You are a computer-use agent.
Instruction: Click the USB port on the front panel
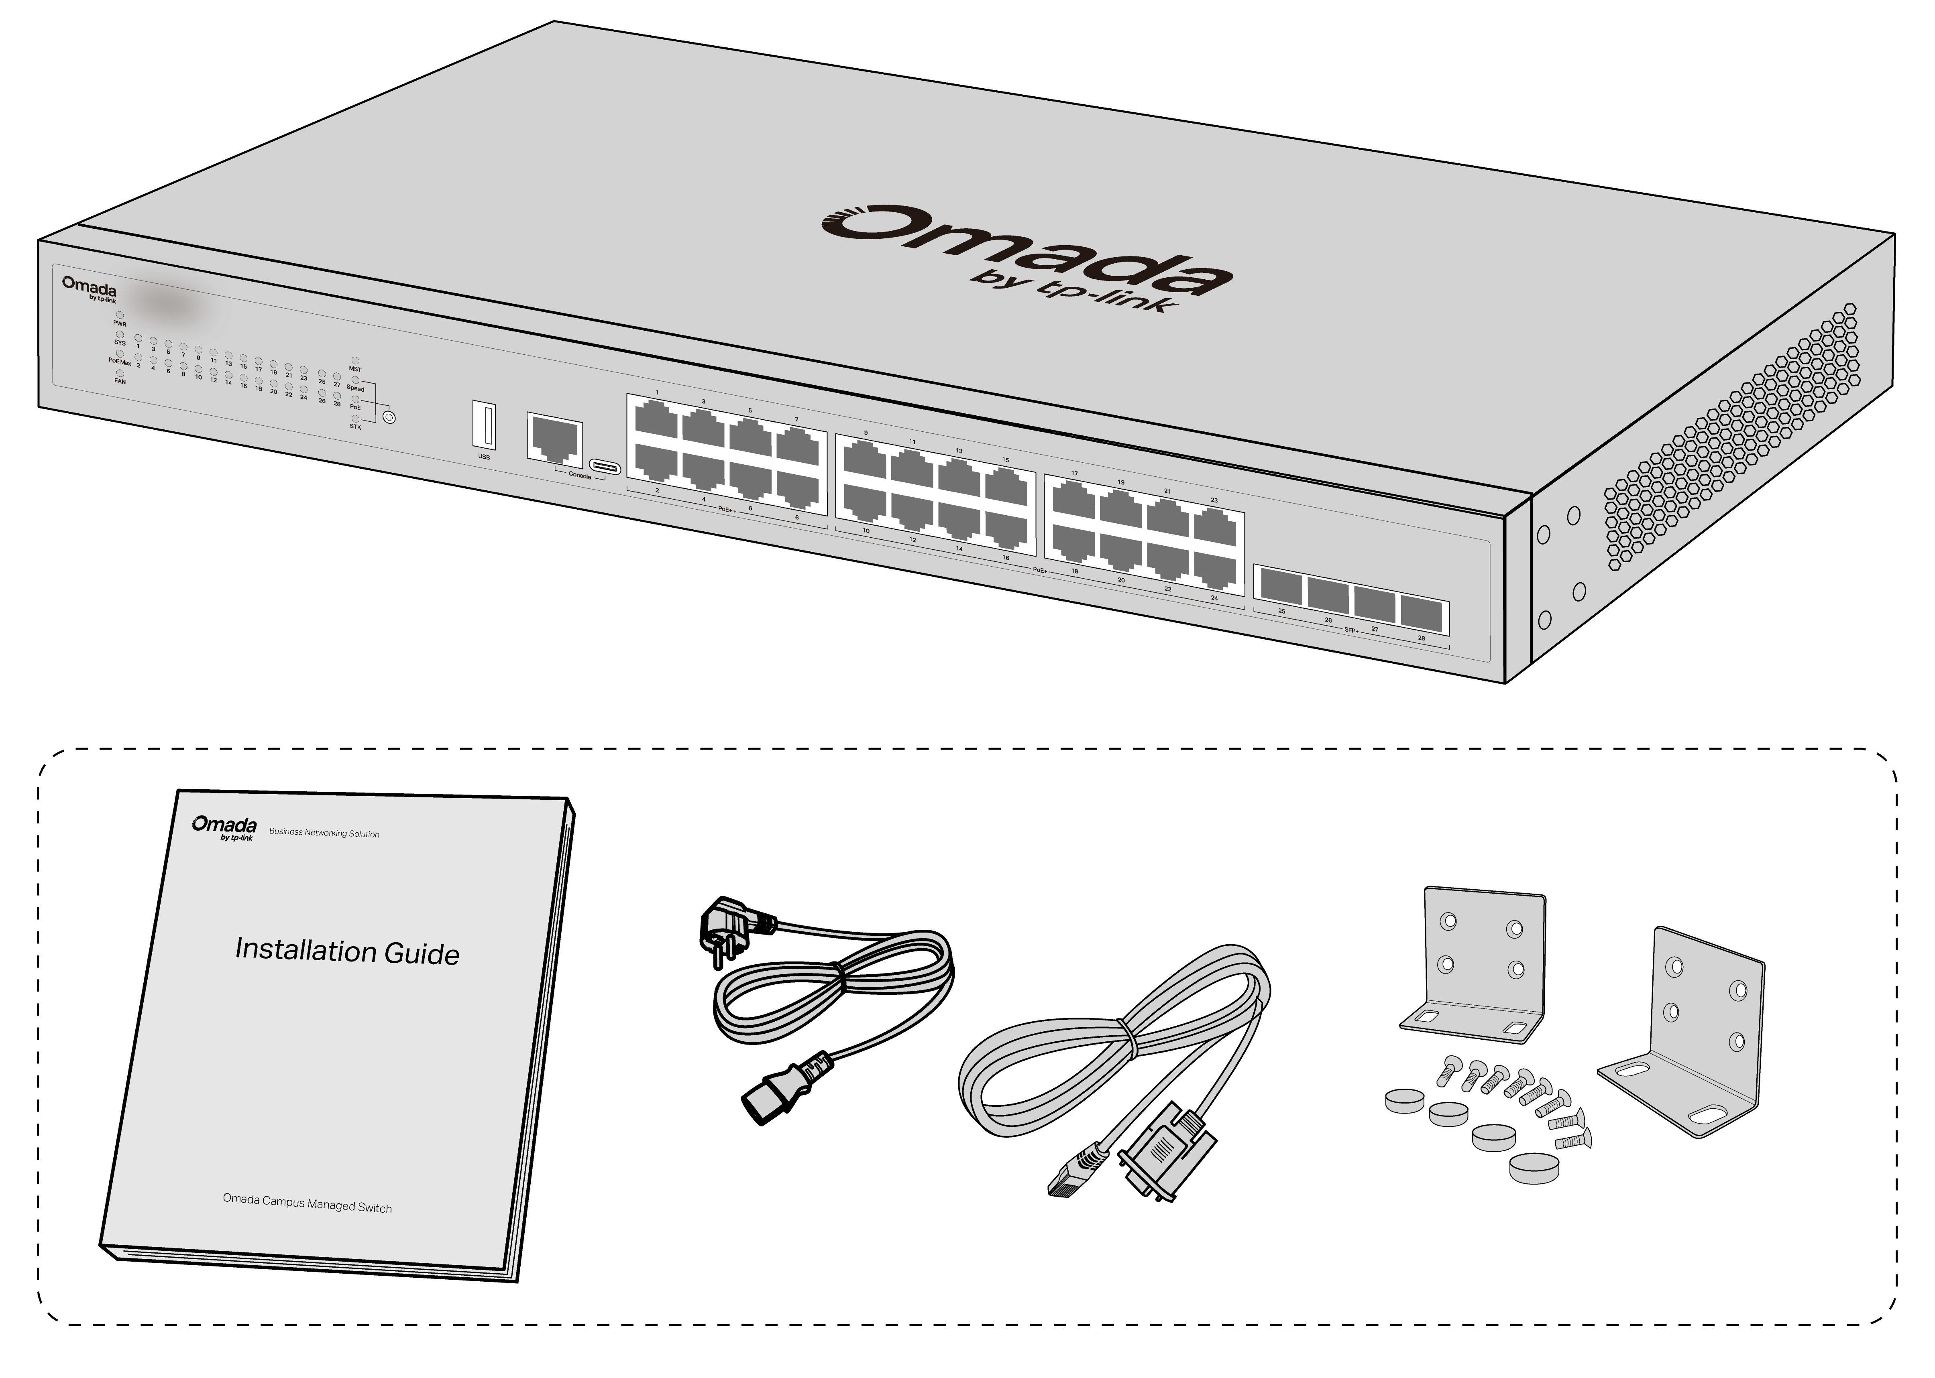(x=484, y=425)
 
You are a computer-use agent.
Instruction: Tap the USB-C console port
(x=605, y=467)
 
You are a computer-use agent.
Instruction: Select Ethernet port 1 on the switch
(x=656, y=419)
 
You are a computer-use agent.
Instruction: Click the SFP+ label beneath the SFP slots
(x=1351, y=630)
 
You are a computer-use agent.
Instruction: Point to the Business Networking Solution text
(x=324, y=833)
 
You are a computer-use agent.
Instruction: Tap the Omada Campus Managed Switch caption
(x=307, y=1203)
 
